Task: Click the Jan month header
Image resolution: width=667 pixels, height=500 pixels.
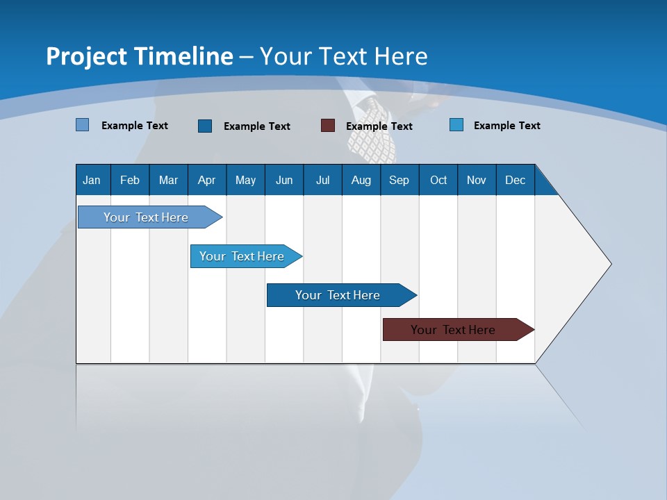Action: coord(92,180)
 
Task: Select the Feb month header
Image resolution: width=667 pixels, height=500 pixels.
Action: coord(130,180)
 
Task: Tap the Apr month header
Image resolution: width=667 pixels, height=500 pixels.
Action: coord(206,180)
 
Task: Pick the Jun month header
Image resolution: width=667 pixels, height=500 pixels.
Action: coord(284,180)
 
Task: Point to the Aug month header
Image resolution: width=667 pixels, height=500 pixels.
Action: coord(361,180)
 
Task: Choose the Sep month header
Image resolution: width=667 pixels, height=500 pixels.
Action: coord(399,180)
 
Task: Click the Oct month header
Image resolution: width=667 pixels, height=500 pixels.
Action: coord(438,180)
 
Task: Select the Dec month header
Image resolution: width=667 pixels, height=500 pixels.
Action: coord(515,180)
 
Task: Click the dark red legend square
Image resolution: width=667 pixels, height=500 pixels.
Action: coord(328,126)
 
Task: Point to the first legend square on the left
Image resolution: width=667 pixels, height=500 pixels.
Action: coord(83,125)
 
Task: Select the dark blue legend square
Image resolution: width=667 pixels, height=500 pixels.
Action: coord(205,126)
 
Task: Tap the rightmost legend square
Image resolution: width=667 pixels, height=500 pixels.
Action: coord(456,125)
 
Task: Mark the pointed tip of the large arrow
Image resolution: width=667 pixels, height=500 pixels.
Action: coord(610,264)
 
